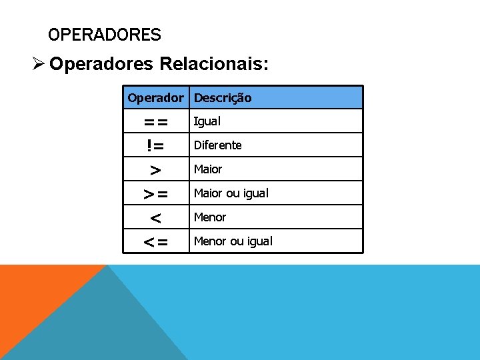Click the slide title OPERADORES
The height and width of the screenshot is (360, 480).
click(105, 35)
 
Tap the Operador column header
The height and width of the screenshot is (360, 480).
click(155, 98)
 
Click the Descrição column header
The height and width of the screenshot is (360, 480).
click(223, 98)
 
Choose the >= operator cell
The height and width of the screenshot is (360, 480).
click(156, 194)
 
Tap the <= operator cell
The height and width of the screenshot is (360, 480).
click(156, 242)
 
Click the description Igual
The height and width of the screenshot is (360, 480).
click(207, 121)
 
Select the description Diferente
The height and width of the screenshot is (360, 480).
click(217, 145)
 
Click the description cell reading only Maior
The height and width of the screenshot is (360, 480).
click(207, 169)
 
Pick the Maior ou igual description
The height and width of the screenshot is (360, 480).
click(231, 193)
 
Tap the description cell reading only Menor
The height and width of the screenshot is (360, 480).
click(209, 217)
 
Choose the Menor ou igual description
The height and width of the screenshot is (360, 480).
click(233, 241)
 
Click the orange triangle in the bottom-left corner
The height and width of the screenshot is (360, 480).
click(33, 293)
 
